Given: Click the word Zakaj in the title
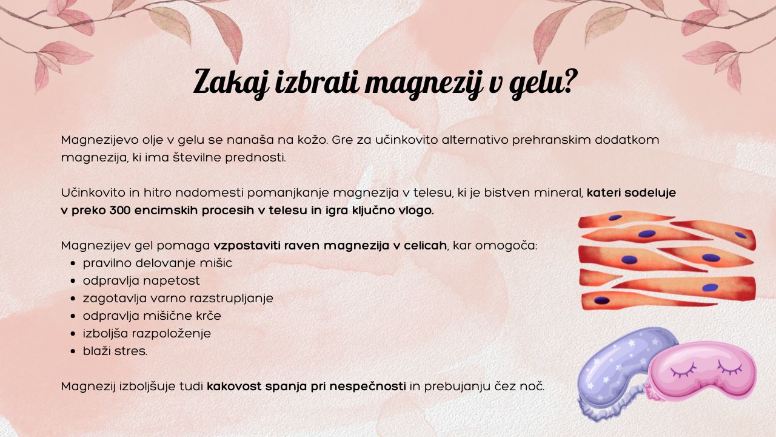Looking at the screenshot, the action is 231,82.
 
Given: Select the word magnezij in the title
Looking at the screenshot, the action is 424,83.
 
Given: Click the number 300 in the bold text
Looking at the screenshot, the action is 119,211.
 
